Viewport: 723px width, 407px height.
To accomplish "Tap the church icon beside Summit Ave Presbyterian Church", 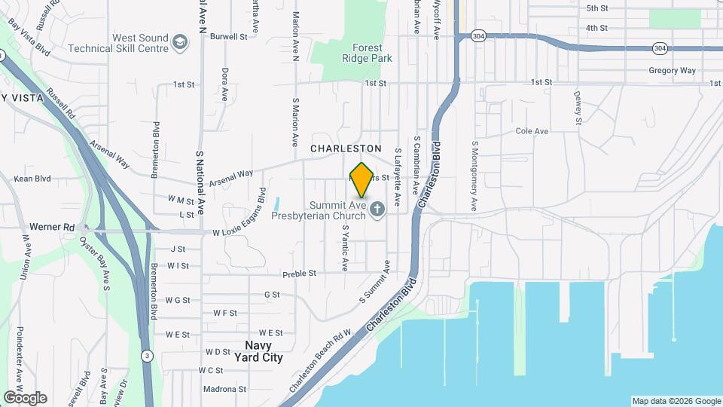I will [378, 209].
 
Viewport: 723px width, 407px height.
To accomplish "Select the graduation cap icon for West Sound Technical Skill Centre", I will [179, 42].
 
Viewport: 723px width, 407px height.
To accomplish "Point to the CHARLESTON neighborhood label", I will [346, 149].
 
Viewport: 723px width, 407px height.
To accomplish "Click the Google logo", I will [24, 398].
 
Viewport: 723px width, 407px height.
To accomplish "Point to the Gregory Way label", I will [672, 71].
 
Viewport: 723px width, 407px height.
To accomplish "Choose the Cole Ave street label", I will [532, 131].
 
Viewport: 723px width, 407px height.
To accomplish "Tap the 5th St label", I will [596, 8].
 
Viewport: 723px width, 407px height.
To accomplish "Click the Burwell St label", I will [229, 36].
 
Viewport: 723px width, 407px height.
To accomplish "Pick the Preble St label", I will [300, 274].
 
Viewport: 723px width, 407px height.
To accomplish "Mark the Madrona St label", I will [225, 390].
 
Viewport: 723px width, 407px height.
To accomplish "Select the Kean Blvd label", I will [32, 179].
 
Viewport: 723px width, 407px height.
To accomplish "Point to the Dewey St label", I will [578, 107].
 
